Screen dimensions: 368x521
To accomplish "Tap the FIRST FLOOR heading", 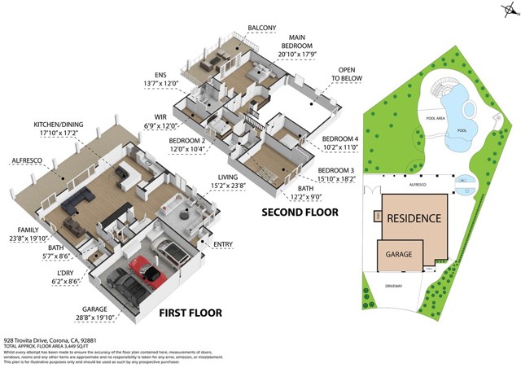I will point(190,313).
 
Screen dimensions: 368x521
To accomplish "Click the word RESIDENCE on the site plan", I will point(414,218).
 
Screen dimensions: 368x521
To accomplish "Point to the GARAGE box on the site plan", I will point(399,254).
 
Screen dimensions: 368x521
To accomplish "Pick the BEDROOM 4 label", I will point(339,139).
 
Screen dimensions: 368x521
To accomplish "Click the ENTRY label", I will point(222,244).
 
